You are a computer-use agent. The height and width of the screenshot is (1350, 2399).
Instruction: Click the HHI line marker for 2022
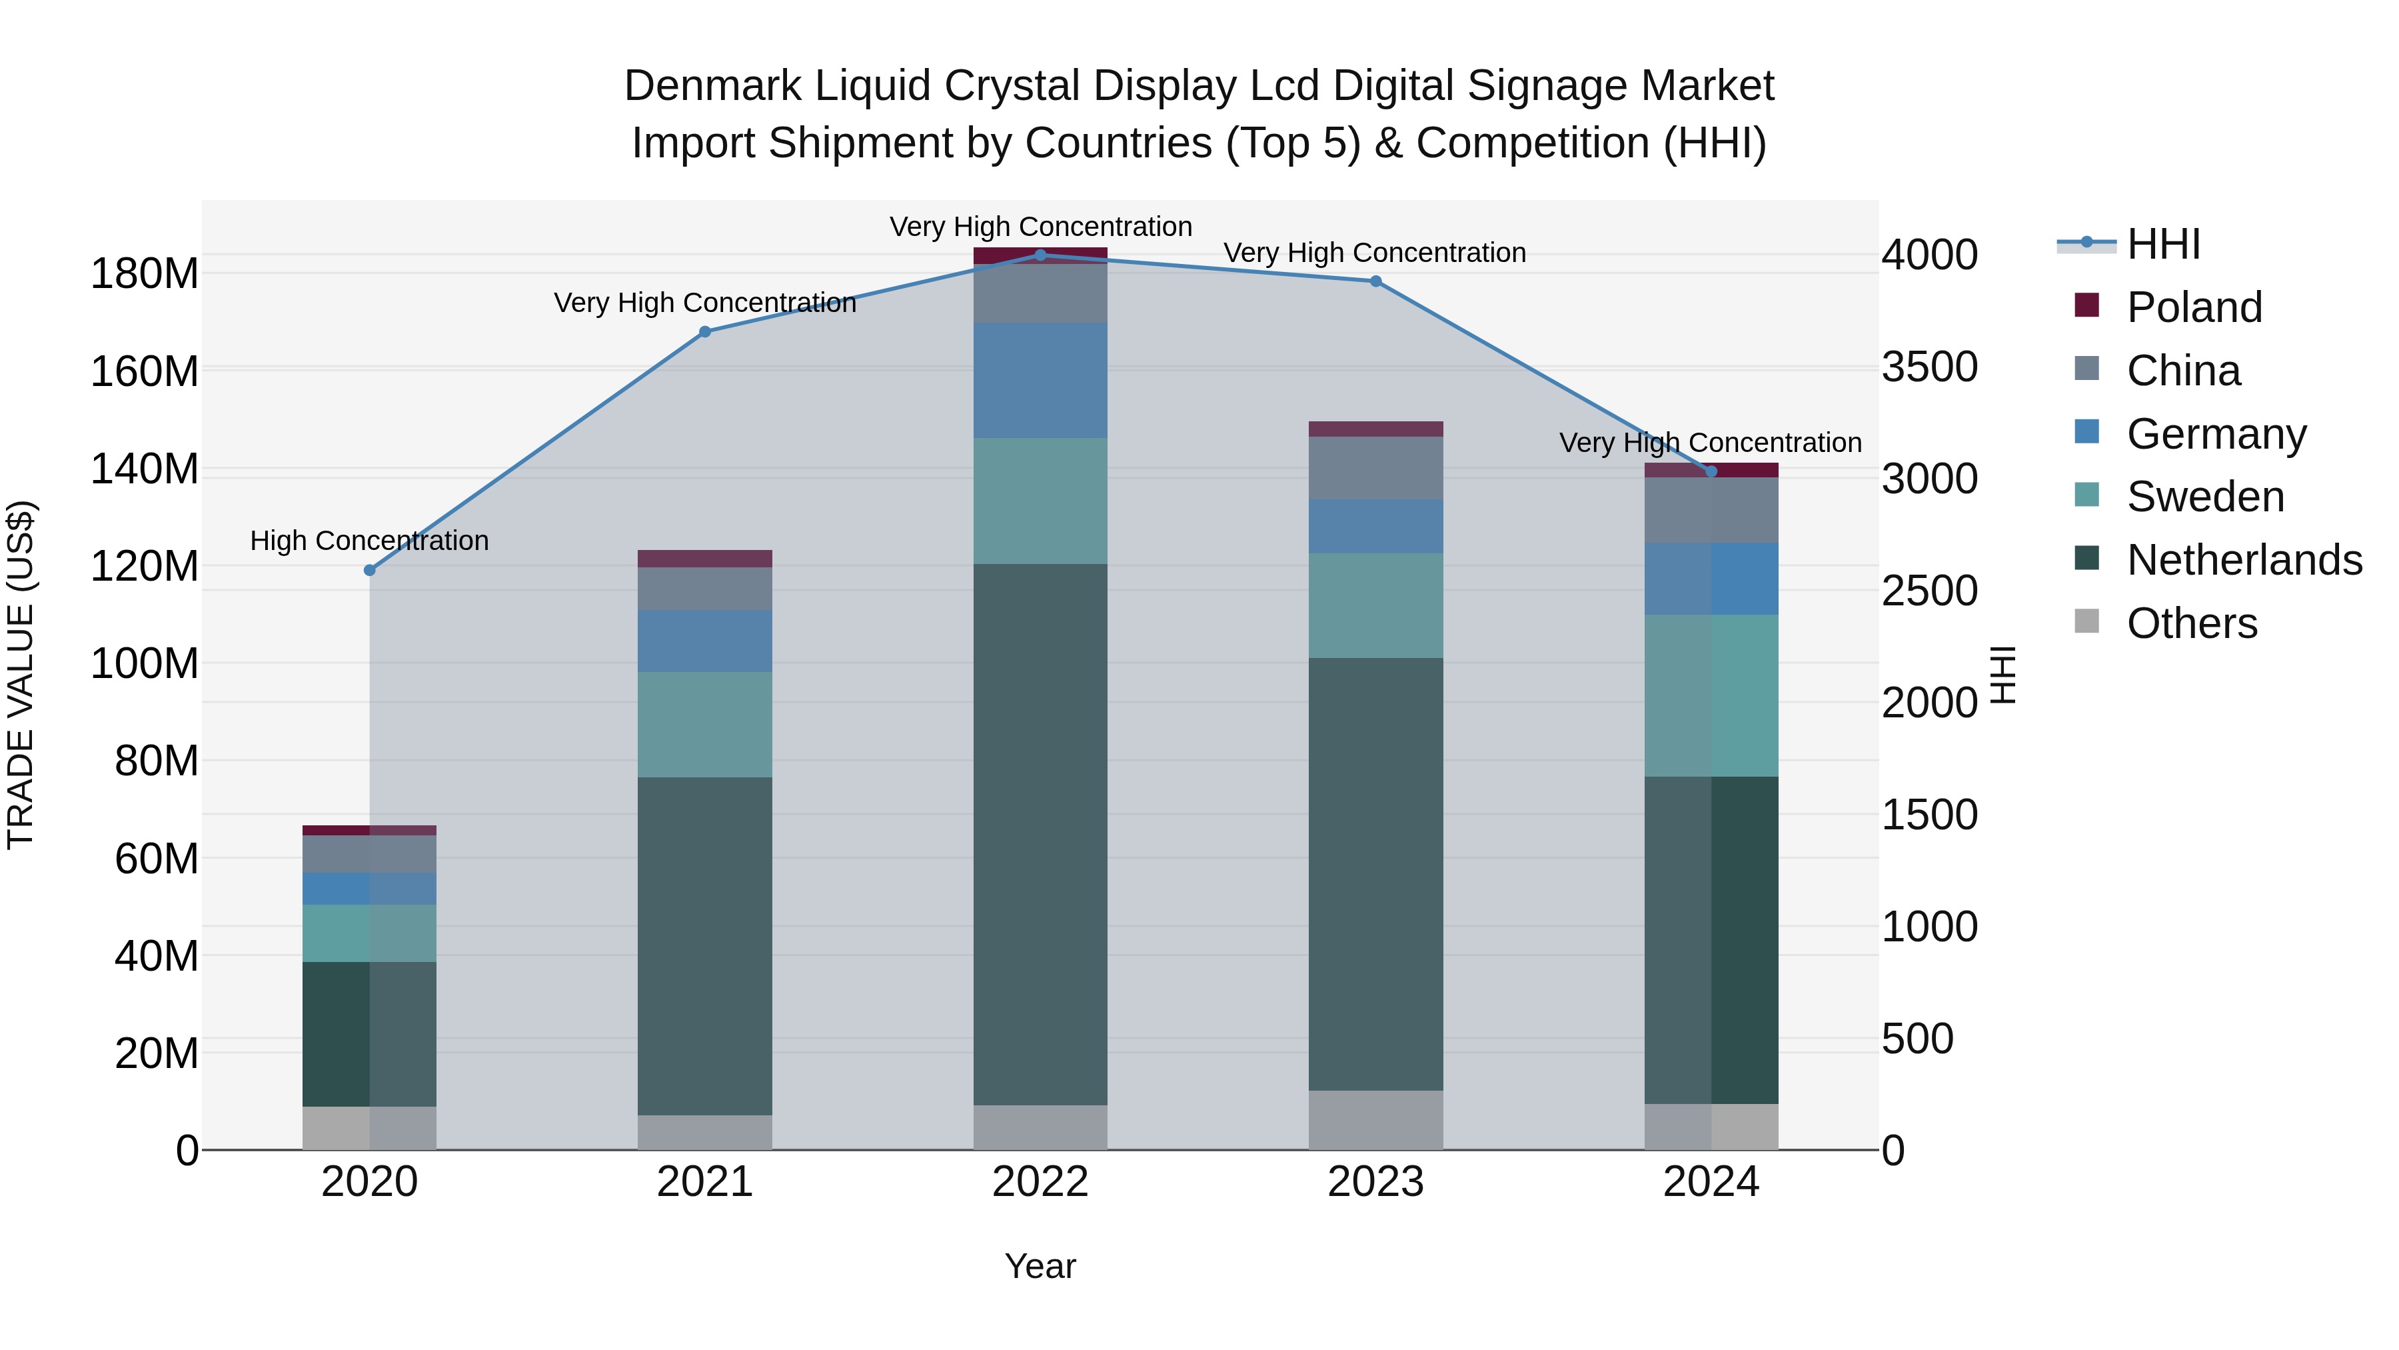(x=1040, y=255)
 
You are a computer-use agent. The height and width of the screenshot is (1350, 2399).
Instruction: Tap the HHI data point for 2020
(x=370, y=570)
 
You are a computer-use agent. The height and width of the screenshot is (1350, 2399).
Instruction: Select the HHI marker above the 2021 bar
(x=705, y=332)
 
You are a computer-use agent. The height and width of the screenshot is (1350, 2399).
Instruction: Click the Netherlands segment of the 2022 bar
(x=1040, y=834)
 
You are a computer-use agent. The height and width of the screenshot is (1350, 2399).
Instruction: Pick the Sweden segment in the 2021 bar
(x=705, y=725)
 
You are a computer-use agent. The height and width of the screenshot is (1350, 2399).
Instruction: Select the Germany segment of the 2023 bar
(x=1375, y=527)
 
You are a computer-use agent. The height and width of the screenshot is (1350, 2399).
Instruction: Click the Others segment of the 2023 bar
(x=1375, y=1120)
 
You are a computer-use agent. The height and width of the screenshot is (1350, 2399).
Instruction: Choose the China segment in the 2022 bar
(x=1040, y=293)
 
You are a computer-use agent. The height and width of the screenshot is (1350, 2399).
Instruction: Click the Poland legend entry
(x=2193, y=307)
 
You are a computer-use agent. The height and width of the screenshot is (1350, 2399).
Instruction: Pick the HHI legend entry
(x=2162, y=244)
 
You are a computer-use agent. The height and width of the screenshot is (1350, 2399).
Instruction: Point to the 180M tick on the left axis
(x=145, y=274)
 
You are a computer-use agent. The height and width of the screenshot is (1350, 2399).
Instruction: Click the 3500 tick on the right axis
(x=1930, y=367)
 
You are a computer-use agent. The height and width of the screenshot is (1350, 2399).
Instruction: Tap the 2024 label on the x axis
(x=1711, y=1182)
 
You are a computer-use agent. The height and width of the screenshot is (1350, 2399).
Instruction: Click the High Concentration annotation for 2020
(x=370, y=541)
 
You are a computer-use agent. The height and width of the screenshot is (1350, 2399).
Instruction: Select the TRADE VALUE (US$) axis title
(x=21, y=675)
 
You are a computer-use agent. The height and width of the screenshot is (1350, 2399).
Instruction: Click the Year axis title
(x=1040, y=1266)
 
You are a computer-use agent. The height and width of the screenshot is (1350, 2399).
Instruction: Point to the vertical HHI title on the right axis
(x=2002, y=675)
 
